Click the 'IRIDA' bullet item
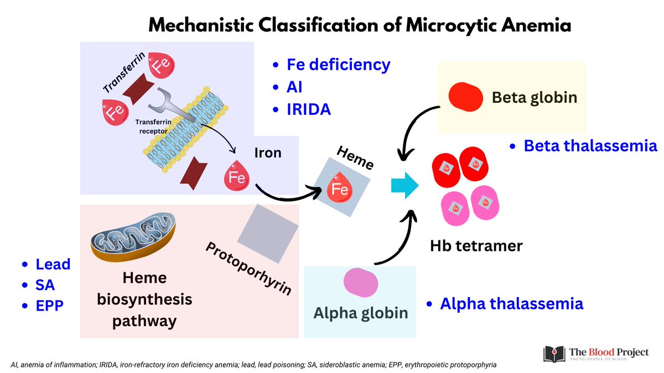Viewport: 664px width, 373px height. point(309,109)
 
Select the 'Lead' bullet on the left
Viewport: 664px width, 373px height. point(53,264)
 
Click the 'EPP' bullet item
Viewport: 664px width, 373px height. point(50,306)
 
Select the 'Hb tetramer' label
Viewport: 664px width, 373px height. point(476,245)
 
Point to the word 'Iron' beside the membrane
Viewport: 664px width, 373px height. point(267,153)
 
